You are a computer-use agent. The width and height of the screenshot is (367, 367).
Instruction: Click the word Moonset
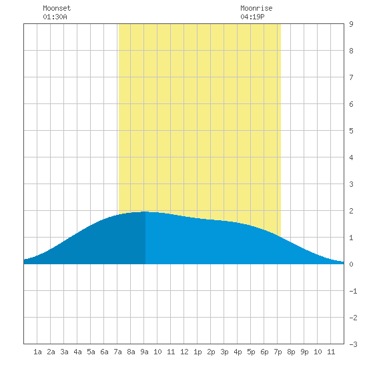57,8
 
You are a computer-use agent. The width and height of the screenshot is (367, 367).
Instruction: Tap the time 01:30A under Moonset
55,17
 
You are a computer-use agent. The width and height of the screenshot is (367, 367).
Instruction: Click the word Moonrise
256,8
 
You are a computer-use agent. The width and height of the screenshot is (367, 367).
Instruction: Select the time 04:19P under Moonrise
252,17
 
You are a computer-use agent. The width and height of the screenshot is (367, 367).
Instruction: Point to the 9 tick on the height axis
351,24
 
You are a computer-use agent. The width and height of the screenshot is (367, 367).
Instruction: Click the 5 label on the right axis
351,131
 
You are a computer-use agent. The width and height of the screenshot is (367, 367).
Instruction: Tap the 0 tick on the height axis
351,264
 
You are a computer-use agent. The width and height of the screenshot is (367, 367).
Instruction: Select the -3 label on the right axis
353,344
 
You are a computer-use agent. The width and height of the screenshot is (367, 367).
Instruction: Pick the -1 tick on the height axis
353,291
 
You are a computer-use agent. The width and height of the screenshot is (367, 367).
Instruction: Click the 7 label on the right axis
351,77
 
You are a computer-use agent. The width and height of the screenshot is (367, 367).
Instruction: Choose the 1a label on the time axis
37,352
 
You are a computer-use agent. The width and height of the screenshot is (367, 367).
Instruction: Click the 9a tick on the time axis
144,352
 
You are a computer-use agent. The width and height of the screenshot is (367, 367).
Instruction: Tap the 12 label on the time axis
184,352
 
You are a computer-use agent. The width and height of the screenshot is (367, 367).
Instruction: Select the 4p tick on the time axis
238,352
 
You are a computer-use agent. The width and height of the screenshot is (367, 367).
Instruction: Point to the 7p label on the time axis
278,352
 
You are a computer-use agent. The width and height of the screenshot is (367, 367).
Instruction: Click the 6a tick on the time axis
104,352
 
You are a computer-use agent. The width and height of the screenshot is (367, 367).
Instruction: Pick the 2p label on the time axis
211,352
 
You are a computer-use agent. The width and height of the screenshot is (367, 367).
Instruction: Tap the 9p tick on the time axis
304,352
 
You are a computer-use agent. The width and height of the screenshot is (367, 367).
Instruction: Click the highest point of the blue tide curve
145,212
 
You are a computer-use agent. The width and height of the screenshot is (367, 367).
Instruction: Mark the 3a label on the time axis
64,352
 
